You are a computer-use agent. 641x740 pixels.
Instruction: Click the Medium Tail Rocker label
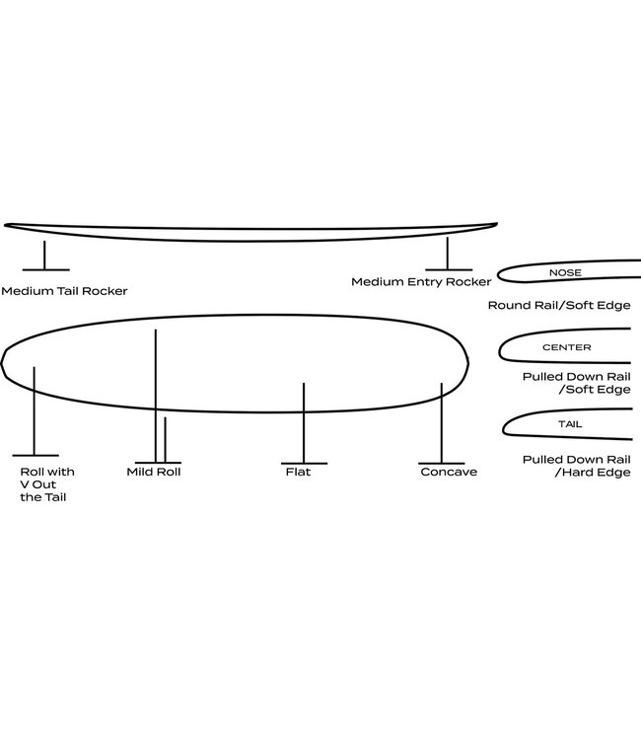[x=64, y=291]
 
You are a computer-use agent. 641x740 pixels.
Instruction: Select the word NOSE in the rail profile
[x=565, y=272]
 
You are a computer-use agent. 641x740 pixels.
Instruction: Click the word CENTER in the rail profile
[x=566, y=347]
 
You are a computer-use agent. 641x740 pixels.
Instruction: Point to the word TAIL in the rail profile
[x=569, y=423]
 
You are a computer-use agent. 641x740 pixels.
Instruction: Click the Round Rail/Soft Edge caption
[x=558, y=306]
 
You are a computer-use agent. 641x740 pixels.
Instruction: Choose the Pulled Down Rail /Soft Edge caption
[x=576, y=383]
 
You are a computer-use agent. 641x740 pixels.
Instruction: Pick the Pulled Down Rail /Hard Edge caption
[x=576, y=466]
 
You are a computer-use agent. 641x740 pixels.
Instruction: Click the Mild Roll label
[x=154, y=472]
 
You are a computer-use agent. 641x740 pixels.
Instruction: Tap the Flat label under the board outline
[x=298, y=472]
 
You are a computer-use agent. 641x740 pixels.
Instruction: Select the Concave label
[x=448, y=472]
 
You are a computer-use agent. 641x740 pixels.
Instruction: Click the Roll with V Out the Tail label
[x=47, y=484]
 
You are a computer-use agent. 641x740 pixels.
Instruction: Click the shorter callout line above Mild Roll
[x=165, y=439]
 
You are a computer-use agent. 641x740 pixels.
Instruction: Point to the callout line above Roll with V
[x=36, y=409]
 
